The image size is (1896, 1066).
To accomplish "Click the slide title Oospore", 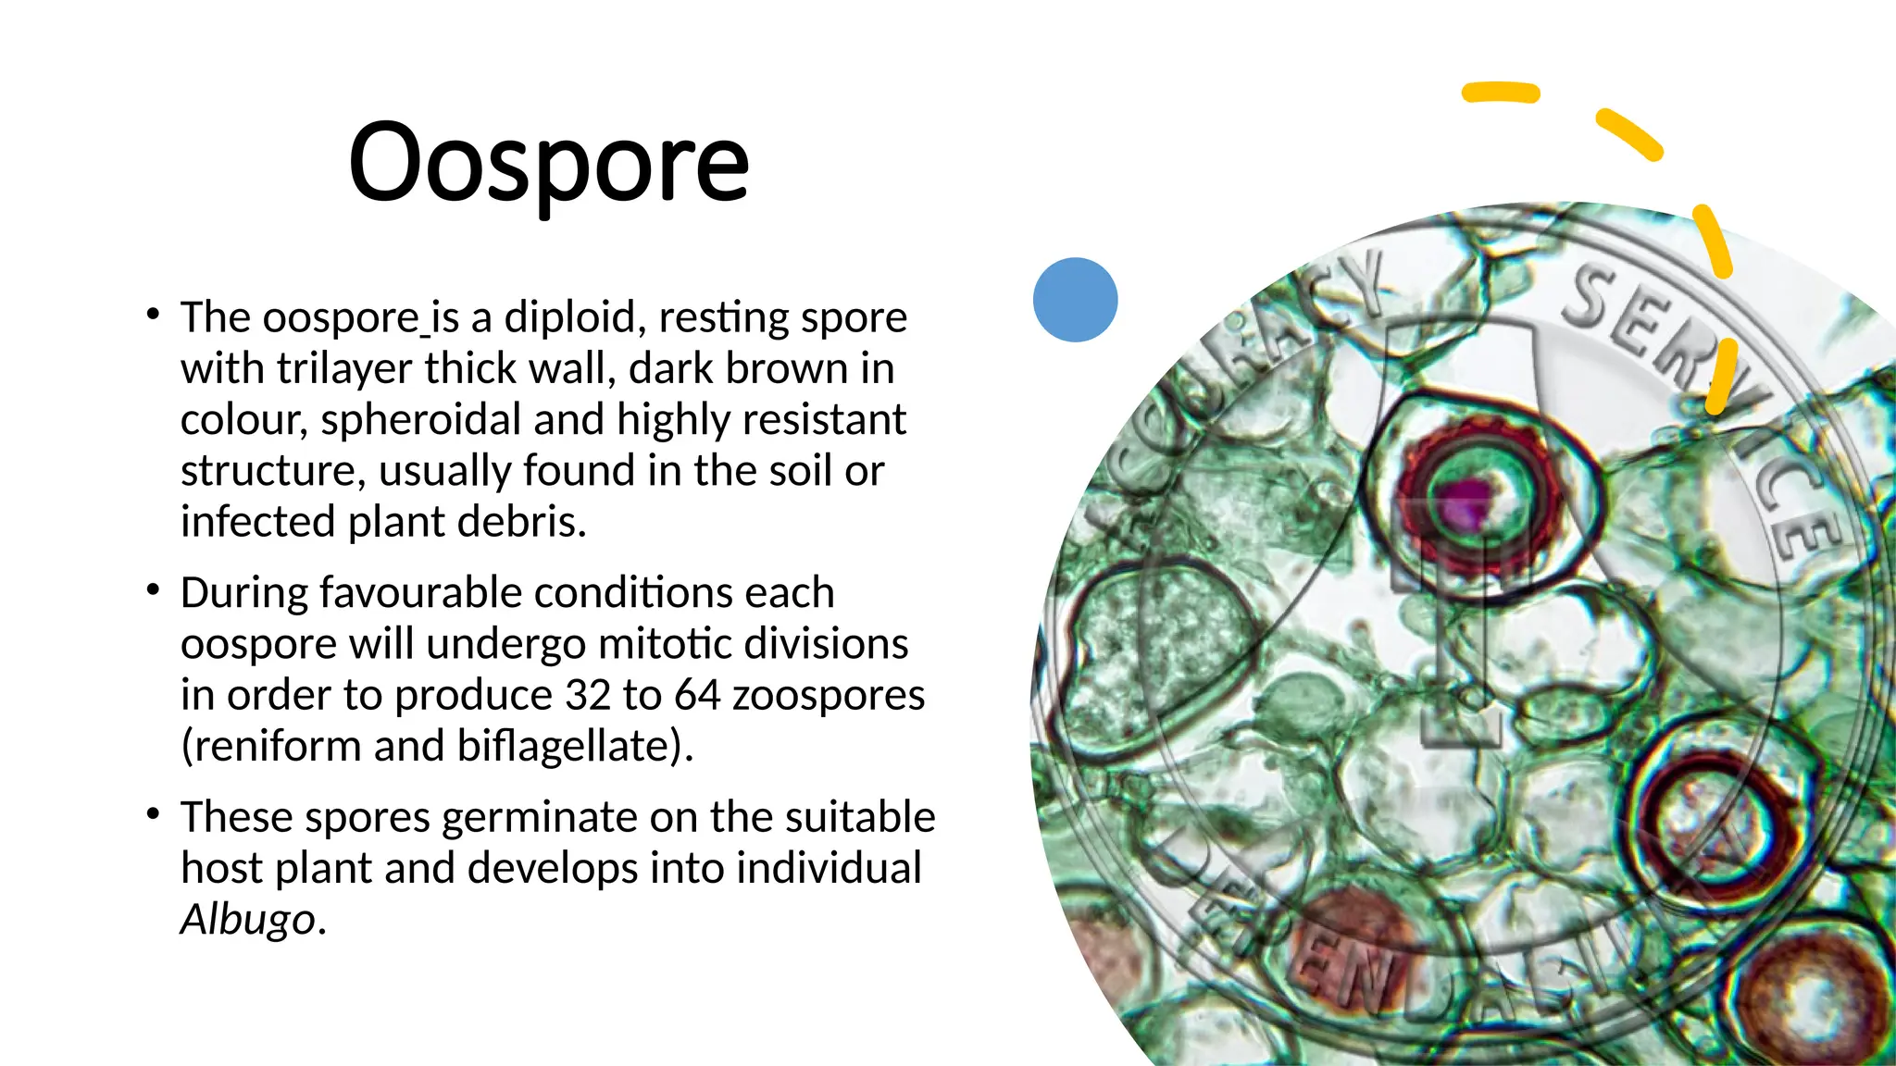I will [x=548, y=164].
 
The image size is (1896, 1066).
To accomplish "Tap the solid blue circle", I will [x=1075, y=300].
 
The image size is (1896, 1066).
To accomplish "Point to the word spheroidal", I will [x=421, y=420].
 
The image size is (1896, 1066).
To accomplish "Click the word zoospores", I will [x=829, y=695].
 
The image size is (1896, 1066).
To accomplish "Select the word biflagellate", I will [x=569, y=746].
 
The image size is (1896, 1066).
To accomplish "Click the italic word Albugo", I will [x=248, y=919].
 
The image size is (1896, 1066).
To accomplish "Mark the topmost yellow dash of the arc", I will [x=1500, y=93].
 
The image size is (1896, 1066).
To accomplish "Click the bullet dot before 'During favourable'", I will [x=154, y=589].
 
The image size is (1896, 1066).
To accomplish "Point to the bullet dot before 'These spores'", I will [x=154, y=814].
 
